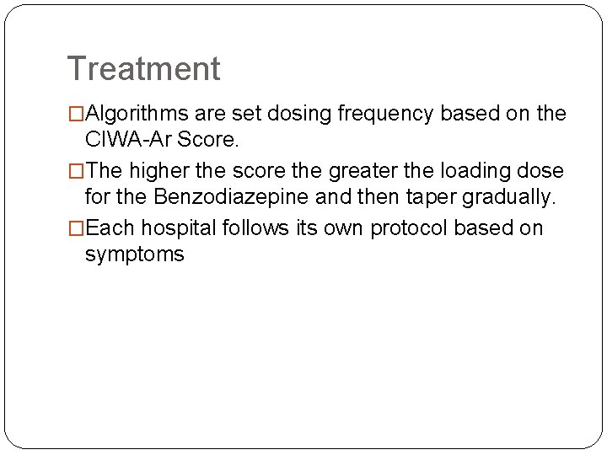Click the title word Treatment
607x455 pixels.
[x=143, y=68]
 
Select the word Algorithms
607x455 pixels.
[x=139, y=113]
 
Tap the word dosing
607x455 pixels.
[x=302, y=113]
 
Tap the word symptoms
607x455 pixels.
[x=135, y=254]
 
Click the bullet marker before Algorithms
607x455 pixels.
[x=76, y=114]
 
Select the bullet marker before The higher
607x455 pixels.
[x=76, y=171]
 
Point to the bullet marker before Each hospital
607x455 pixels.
[x=76, y=228]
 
